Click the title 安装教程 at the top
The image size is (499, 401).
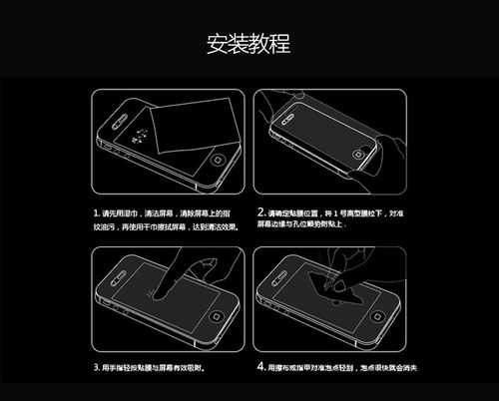(249, 45)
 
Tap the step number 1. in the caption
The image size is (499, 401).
(97, 213)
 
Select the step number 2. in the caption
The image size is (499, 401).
(259, 212)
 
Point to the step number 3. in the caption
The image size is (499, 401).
(97, 367)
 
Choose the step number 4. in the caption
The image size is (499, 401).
(259, 367)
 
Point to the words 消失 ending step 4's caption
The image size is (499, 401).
(408, 367)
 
